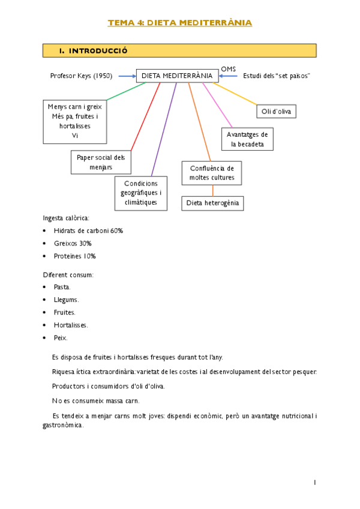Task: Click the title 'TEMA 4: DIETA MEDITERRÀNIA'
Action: tap(179, 23)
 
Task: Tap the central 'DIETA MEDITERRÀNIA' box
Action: tap(177, 76)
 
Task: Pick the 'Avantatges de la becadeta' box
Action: tap(247, 139)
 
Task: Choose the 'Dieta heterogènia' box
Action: tap(212, 203)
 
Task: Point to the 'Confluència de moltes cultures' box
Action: tap(212, 173)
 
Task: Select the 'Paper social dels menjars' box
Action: tap(101, 162)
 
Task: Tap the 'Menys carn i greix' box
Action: tap(75, 121)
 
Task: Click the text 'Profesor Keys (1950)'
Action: tap(81, 76)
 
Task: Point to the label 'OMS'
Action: tap(228, 70)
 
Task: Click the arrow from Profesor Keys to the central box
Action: tap(127, 76)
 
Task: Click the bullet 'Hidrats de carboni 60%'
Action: tap(88, 231)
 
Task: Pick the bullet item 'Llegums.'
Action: tap(66, 300)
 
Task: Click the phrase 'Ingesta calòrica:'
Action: tap(66, 218)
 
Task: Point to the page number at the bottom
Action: tap(315, 482)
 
